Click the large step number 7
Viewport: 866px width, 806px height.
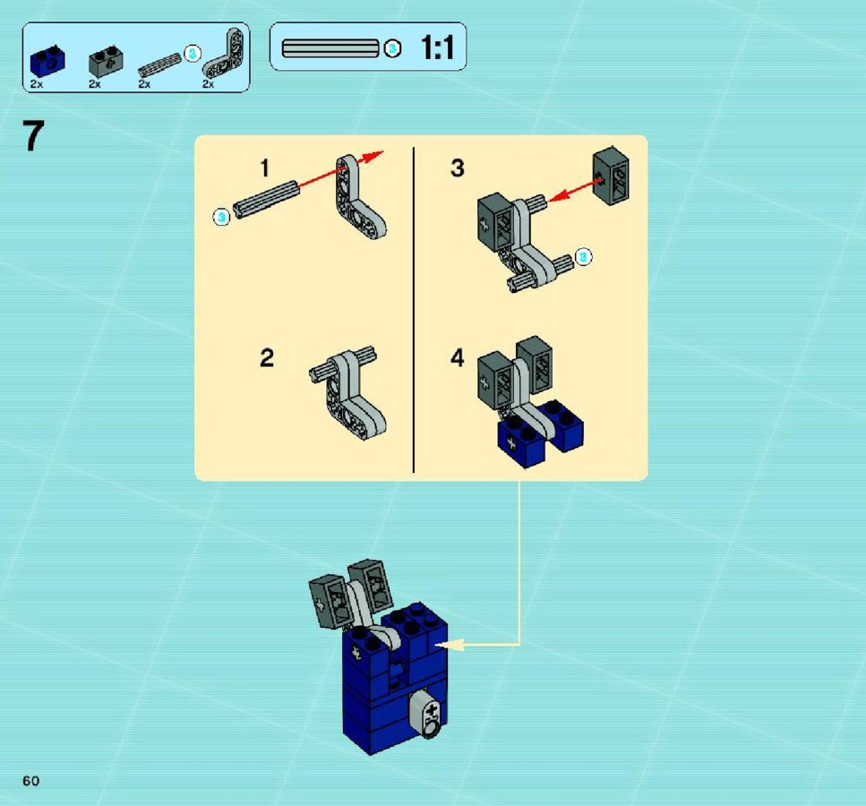33,136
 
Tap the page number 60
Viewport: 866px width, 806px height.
31,781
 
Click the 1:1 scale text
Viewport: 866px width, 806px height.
437,47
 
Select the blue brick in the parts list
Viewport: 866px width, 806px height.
47,60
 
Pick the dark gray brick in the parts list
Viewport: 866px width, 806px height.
106,61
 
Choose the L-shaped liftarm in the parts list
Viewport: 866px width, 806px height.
223,53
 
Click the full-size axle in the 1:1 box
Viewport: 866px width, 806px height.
330,48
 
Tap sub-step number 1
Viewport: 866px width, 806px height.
265,168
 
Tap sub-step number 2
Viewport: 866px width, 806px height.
267,358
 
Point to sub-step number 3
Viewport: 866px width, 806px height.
458,168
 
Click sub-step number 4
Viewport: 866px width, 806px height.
458,358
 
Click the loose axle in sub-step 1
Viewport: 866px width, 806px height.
267,198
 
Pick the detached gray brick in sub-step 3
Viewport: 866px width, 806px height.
612,176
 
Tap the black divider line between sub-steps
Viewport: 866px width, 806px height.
414,310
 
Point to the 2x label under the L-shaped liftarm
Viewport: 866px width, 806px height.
208,84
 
